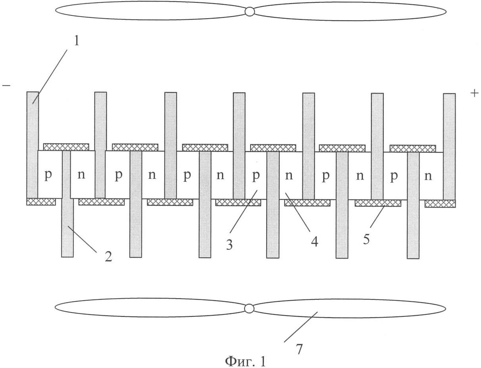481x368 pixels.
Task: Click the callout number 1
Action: click(x=76, y=41)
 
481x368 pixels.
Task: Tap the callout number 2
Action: click(x=108, y=257)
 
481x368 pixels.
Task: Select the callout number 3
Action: click(x=229, y=245)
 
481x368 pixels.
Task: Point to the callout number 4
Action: click(x=315, y=241)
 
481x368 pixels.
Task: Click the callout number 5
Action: click(x=366, y=239)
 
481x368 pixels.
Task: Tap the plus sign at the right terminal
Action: click(x=474, y=93)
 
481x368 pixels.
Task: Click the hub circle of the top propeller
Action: click(x=250, y=11)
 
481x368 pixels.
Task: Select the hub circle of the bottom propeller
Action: click(x=250, y=309)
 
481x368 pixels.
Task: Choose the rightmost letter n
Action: click(x=428, y=176)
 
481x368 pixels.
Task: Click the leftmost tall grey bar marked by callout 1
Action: click(x=33, y=145)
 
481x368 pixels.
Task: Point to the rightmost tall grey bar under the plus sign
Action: click(x=449, y=147)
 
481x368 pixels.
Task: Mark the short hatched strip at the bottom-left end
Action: click(x=41, y=201)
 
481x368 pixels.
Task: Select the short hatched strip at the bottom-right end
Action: click(x=440, y=204)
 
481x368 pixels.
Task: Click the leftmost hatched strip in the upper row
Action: click(x=66, y=147)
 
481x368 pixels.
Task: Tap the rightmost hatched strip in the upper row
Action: click(x=413, y=149)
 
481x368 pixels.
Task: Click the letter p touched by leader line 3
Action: click(x=256, y=176)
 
